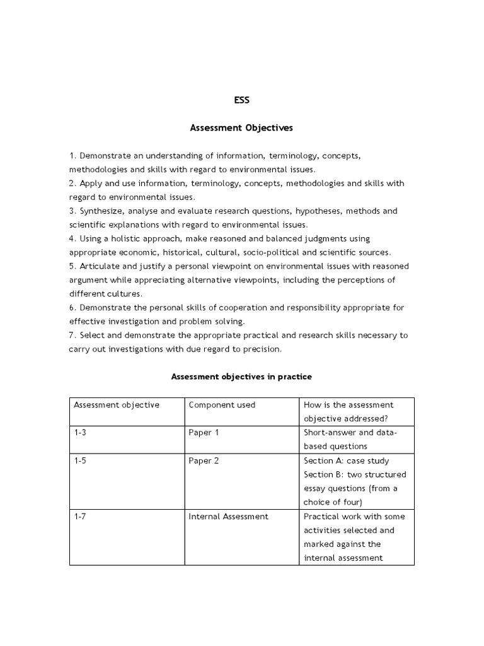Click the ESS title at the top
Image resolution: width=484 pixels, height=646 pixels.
tap(241, 100)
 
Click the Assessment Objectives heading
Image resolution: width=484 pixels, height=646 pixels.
tap(241, 127)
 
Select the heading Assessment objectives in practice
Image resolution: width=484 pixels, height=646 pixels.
tap(241, 377)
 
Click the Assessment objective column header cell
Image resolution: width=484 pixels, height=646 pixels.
tap(117, 405)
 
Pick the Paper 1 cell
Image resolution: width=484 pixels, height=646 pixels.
tap(204, 433)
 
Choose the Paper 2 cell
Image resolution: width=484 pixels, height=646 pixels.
tap(204, 461)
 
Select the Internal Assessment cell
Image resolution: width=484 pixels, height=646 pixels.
tap(228, 516)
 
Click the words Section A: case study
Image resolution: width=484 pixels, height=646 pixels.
tap(346, 461)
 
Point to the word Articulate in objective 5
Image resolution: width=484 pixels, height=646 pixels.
tap(98, 266)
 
